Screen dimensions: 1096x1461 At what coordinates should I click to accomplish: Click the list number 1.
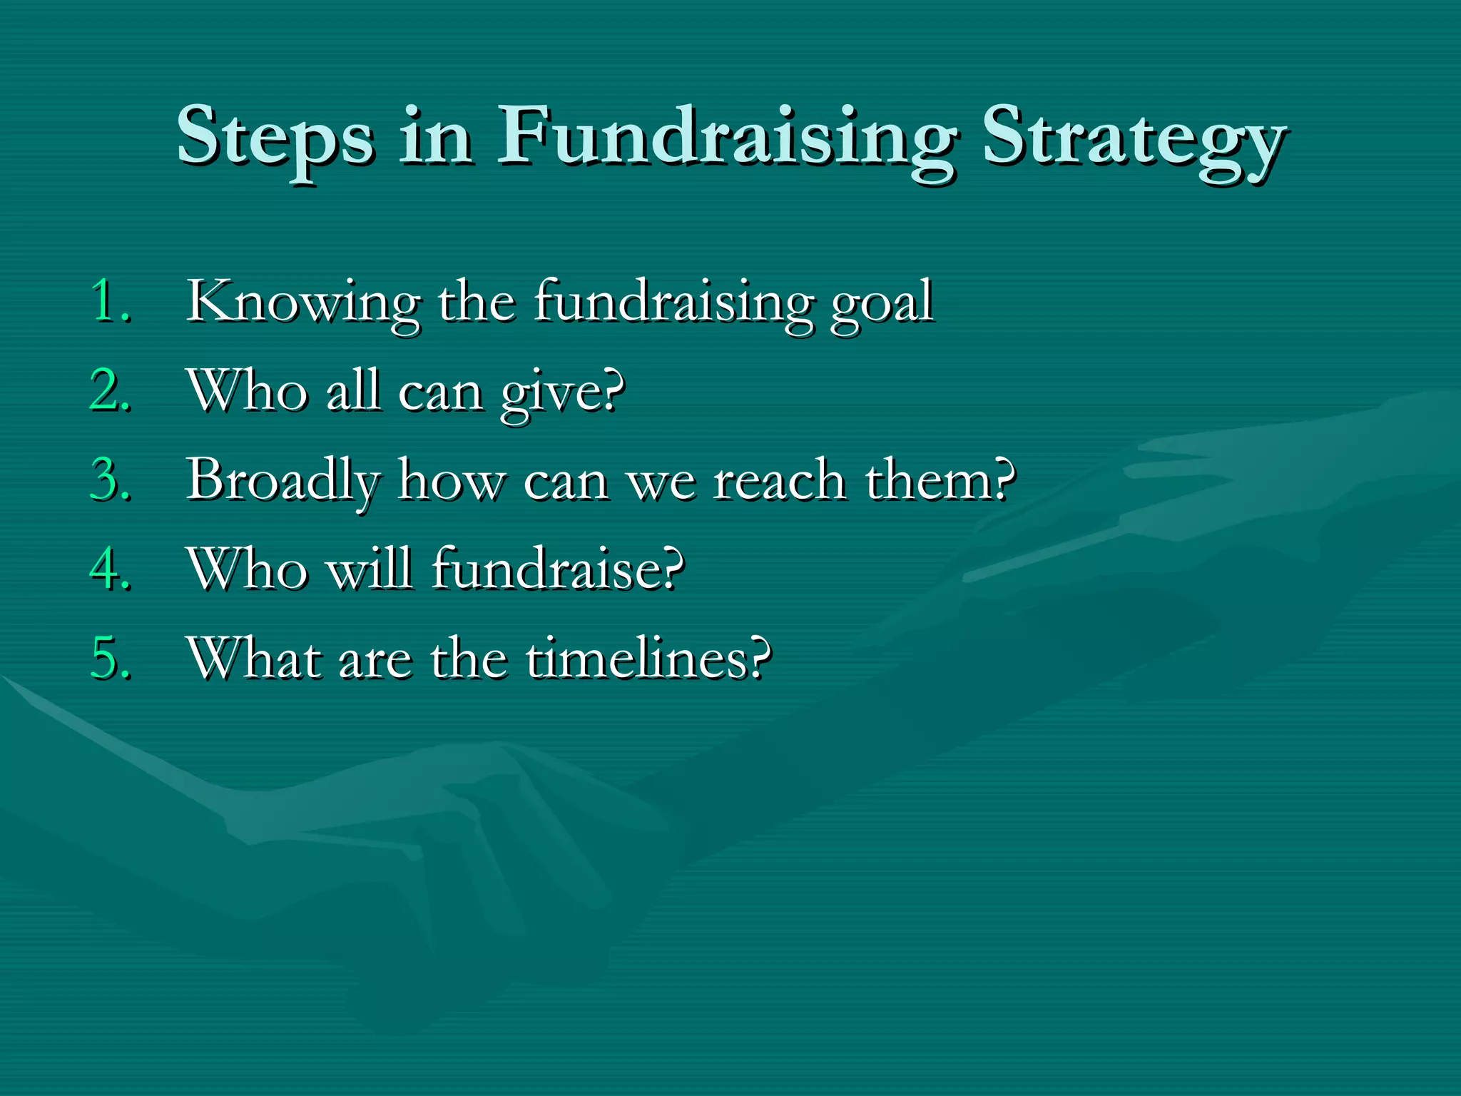(x=111, y=302)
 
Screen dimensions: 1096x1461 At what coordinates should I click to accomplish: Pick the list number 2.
(x=111, y=391)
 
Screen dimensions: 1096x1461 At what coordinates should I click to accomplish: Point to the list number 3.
(x=111, y=480)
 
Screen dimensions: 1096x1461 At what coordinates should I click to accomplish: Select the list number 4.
(x=111, y=569)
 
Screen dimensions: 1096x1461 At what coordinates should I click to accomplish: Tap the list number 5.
(x=111, y=659)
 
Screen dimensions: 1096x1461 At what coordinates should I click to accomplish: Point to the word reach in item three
(x=779, y=480)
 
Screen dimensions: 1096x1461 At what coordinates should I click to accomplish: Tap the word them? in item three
(x=940, y=480)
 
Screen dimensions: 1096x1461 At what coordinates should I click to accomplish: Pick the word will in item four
(x=370, y=569)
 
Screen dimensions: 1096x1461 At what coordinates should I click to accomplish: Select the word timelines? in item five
(x=648, y=659)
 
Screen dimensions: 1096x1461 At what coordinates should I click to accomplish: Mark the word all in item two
(x=352, y=391)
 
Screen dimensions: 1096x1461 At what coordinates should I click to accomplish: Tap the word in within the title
(x=435, y=136)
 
